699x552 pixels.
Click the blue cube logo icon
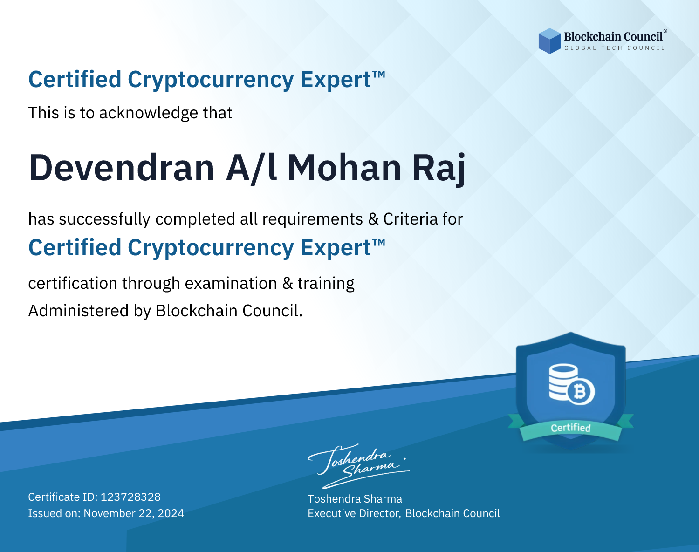point(549,41)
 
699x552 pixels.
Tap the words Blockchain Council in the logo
point(613,36)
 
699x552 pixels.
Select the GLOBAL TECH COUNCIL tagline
point(615,48)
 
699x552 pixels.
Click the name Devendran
point(122,168)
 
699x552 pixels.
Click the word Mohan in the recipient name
point(344,168)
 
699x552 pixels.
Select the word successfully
point(104,219)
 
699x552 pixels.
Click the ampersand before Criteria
point(373,219)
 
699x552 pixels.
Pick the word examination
point(231,283)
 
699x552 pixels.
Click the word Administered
point(79,311)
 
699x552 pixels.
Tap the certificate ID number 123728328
point(130,497)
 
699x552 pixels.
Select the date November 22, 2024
point(134,513)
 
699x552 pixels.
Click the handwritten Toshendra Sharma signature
point(359,466)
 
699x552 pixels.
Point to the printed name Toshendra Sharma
point(355,499)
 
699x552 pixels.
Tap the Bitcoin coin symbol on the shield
point(581,392)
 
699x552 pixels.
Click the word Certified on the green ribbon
point(571,428)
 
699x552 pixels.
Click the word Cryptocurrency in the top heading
point(211,80)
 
